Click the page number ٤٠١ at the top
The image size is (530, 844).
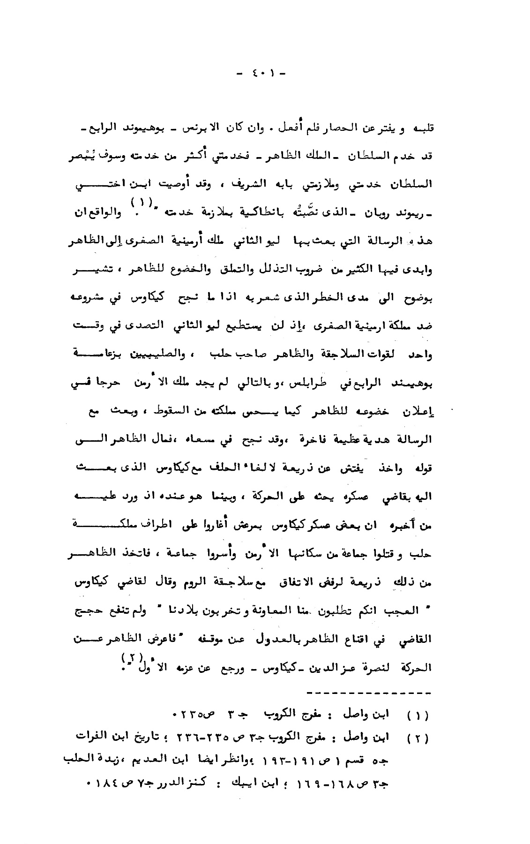point(262,74)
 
